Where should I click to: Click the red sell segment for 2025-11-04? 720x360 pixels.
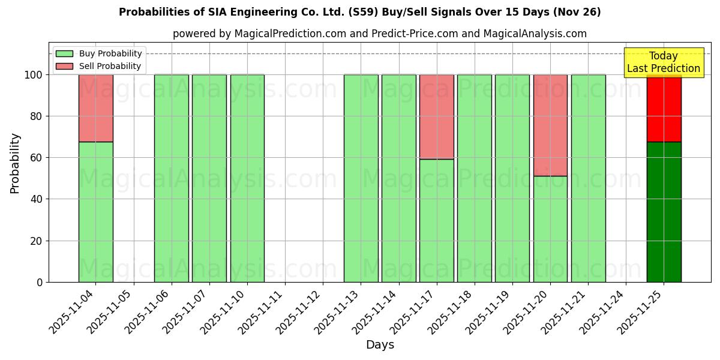tap(96, 108)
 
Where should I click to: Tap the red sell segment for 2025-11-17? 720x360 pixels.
tap(437, 116)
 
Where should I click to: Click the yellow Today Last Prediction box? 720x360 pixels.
tap(664, 62)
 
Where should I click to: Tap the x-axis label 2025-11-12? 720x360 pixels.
tap(300, 310)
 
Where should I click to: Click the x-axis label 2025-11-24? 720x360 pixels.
tap(603, 310)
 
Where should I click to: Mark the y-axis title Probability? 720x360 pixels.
tap(15, 163)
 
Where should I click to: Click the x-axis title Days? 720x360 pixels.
tap(380, 345)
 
